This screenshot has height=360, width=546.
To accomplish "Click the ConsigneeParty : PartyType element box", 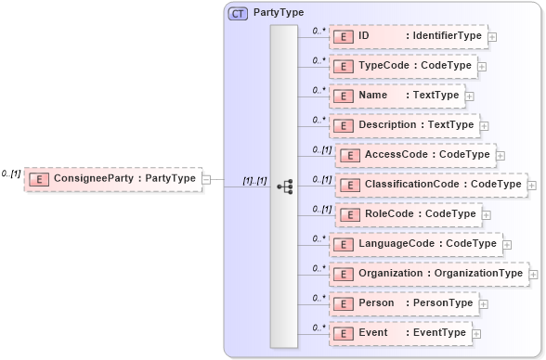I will click(x=112, y=179).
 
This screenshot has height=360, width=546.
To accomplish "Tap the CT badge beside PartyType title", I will click(x=239, y=14).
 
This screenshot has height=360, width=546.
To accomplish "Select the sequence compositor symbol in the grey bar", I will click(x=284, y=186).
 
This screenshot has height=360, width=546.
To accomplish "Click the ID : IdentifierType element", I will click(x=408, y=36).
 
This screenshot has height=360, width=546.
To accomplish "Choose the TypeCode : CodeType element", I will click(x=403, y=66).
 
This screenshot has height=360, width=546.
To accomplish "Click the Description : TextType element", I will click(x=403, y=125).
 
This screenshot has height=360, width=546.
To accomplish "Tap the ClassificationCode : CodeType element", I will click(x=430, y=185).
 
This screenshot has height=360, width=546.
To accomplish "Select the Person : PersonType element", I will click(x=403, y=303).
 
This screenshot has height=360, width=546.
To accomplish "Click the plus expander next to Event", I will click(x=476, y=334).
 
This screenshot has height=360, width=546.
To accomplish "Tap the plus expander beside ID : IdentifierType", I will click(x=492, y=37).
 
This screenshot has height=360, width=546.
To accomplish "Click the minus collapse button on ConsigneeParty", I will click(x=206, y=180).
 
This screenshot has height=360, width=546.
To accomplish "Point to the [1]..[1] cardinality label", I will click(x=253, y=181).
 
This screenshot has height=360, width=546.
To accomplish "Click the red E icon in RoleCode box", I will click(x=349, y=214).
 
